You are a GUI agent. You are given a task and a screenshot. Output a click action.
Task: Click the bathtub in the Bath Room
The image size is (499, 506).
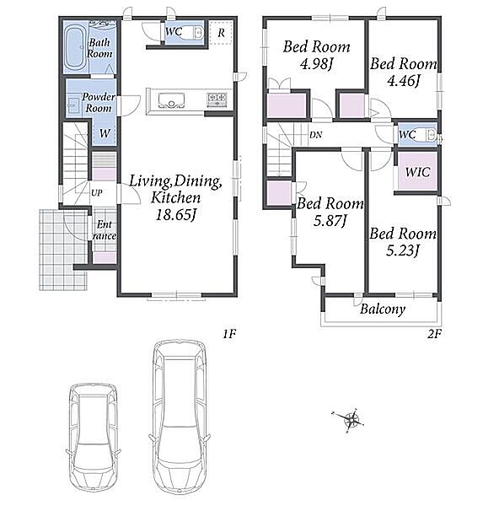tap(76, 50)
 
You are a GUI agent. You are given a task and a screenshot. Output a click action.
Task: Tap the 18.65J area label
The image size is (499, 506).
tap(176, 215)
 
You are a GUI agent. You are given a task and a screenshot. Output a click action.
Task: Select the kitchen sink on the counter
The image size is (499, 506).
tap(172, 100)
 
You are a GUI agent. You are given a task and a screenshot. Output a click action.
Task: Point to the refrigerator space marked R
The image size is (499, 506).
tap(221, 33)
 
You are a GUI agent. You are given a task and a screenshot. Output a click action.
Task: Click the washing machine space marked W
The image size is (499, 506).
tap(105, 133)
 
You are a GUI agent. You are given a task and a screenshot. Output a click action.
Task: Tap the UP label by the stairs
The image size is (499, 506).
tap(97, 193)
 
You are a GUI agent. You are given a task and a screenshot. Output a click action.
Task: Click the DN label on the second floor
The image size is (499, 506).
tap(315, 135)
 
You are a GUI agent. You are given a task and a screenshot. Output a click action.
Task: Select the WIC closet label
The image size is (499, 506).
tap(418, 172)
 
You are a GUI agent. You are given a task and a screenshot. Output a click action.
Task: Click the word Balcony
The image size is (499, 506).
tap(383, 310)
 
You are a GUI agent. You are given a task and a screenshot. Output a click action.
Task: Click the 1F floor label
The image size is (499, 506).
tap(229, 334)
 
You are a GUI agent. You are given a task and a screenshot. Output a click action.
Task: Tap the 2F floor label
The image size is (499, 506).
tap(434, 334)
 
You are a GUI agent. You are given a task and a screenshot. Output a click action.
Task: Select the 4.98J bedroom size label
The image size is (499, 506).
tap(316, 64)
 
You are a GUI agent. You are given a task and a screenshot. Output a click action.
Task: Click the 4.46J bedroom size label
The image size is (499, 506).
tap(403, 81)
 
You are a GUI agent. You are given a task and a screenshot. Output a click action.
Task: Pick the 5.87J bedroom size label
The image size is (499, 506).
tap(330, 221)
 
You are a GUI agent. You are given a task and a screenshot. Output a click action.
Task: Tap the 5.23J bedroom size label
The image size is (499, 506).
tap(403, 250)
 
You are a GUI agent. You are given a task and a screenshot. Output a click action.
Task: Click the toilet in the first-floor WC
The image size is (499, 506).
tap(194, 32)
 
